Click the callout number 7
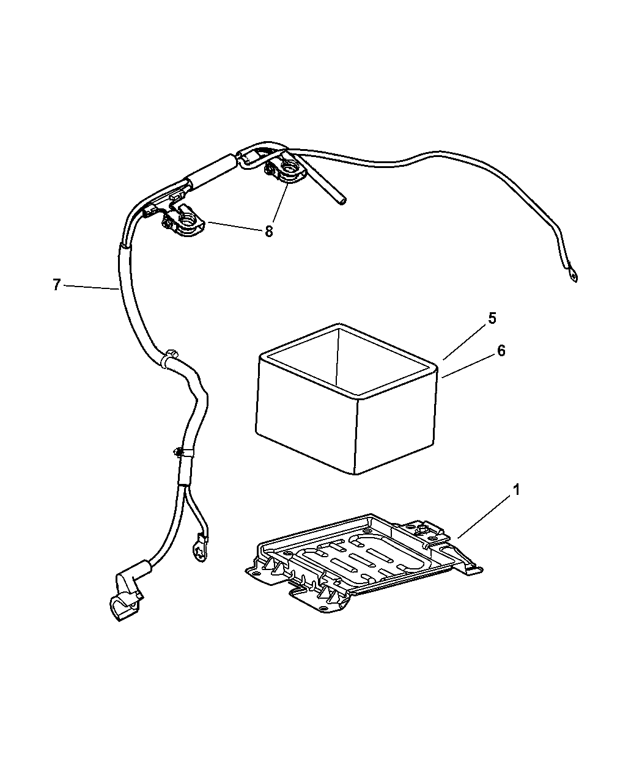click(56, 285)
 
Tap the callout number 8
click(269, 232)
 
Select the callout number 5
click(492, 318)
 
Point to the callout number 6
click(501, 351)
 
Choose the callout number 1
click(517, 490)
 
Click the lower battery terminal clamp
click(183, 222)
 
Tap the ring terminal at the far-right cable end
click(572, 276)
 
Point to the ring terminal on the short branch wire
click(201, 549)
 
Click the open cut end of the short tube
click(342, 201)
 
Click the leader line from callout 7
click(92, 287)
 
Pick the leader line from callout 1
click(485, 517)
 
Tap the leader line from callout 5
click(464, 343)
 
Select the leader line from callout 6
click(468, 367)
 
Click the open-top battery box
click(347, 398)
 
